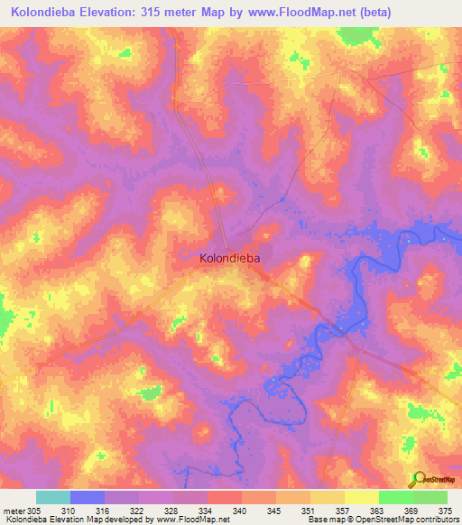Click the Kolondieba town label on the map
click(x=229, y=258)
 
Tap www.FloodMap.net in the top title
click(x=315, y=13)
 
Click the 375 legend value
click(x=444, y=510)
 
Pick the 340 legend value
click(x=239, y=510)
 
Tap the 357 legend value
click(x=342, y=510)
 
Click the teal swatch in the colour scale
click(x=53, y=497)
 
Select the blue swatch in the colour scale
click(x=88, y=497)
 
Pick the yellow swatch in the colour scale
click(x=362, y=497)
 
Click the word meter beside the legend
click(x=13, y=510)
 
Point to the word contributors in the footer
click(x=437, y=520)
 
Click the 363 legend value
click(x=376, y=510)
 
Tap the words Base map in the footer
click(x=324, y=520)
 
